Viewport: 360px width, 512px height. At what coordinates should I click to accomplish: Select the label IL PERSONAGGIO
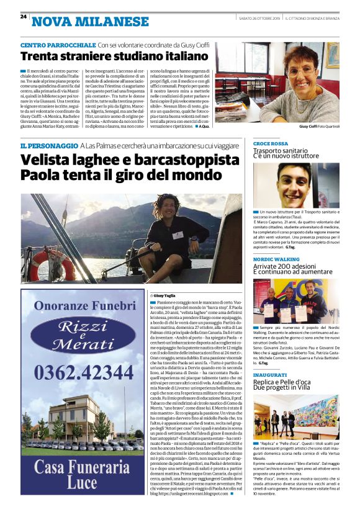click(48, 146)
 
